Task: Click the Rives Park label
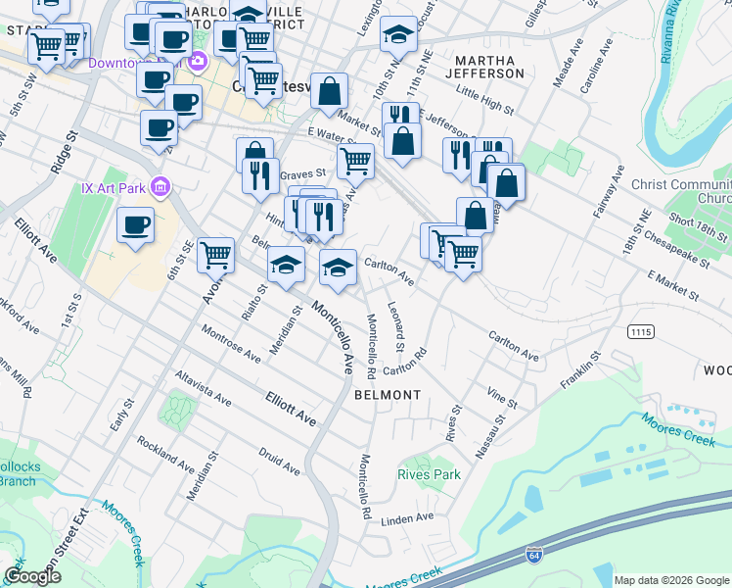(429, 474)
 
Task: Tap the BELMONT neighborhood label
(388, 395)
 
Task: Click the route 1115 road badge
(641, 332)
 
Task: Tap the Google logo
(32, 574)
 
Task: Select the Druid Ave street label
(279, 460)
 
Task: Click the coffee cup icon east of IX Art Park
(136, 224)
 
